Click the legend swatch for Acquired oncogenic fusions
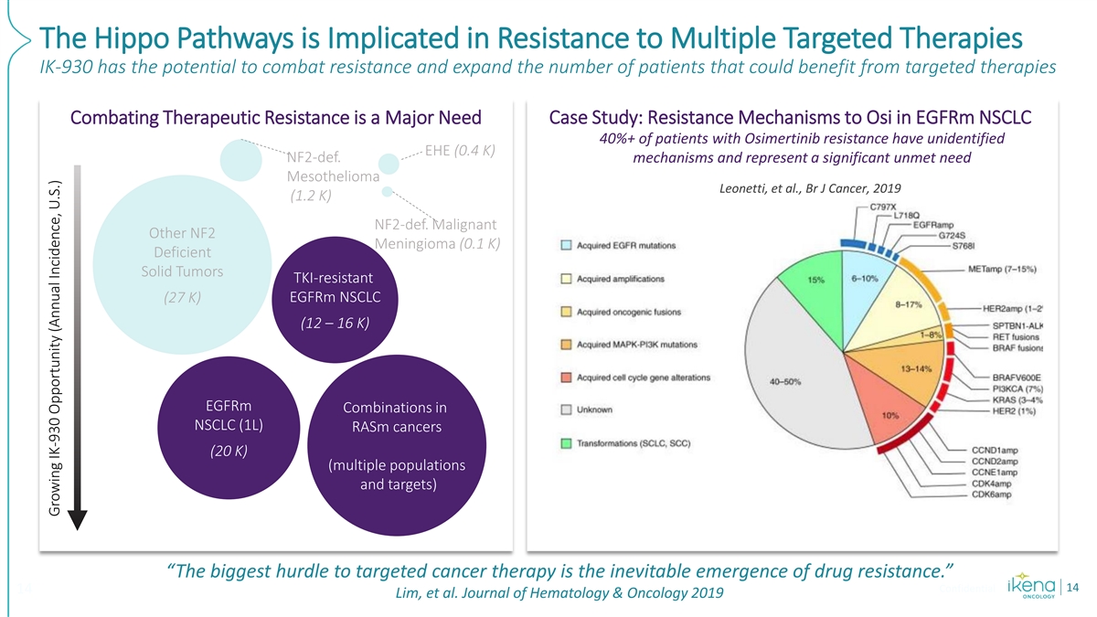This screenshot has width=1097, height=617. (x=568, y=312)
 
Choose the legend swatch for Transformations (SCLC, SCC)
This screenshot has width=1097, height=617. (x=568, y=444)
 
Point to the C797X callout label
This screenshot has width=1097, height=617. (x=882, y=207)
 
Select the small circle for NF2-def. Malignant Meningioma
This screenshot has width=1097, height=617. (x=388, y=191)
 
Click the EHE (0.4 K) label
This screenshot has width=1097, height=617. (x=460, y=150)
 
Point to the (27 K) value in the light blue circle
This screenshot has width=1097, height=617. (x=182, y=298)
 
